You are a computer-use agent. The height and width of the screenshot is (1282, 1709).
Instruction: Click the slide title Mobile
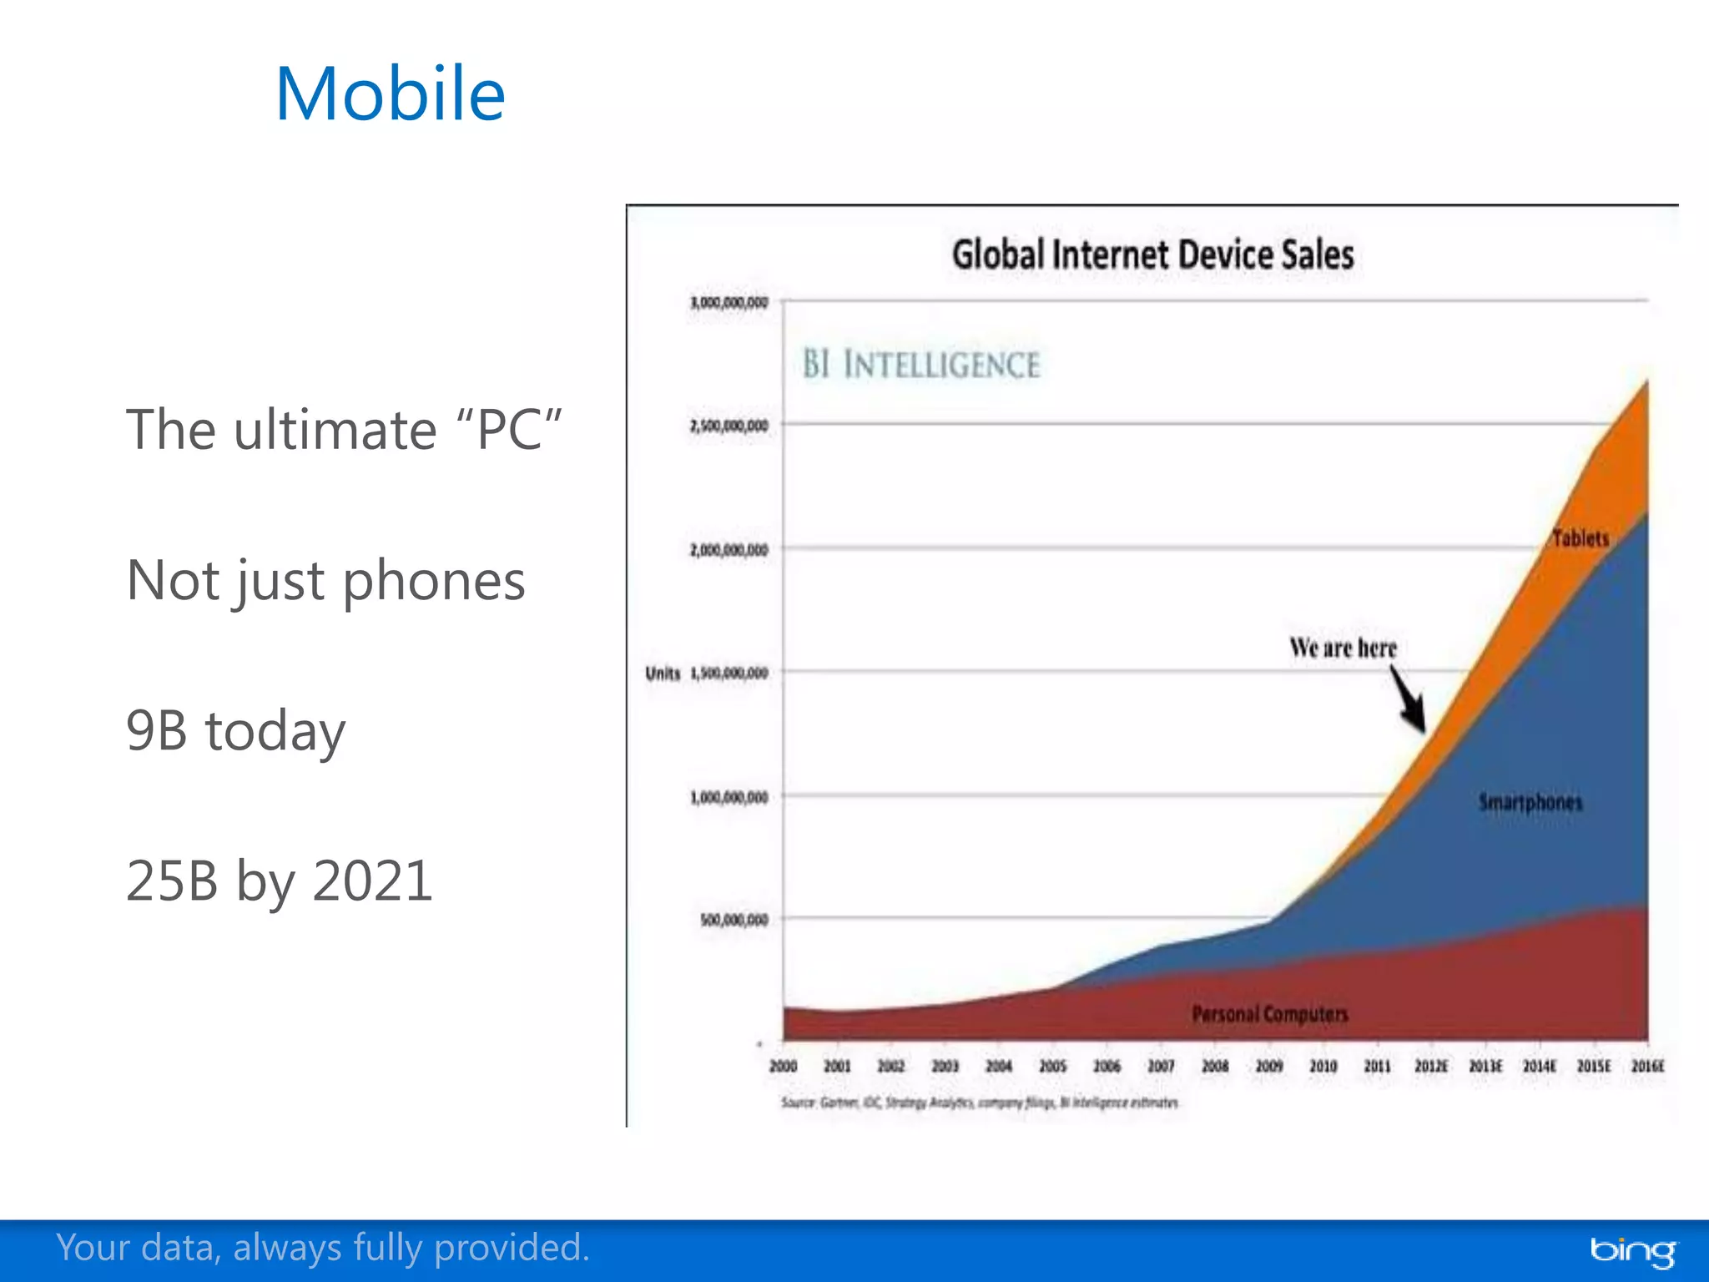390,93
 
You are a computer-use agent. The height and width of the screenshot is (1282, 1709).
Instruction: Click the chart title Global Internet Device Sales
1152,255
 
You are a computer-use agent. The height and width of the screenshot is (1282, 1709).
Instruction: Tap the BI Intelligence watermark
920,365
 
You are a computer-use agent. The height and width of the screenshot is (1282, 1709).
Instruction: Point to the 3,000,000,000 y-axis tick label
728,302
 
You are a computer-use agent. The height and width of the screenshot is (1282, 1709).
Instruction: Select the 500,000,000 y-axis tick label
734,920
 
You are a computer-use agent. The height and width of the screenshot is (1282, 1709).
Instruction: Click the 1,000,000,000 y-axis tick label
728,797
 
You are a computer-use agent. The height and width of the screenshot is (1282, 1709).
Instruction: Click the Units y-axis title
663,674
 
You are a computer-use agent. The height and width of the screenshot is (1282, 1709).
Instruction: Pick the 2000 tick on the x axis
783,1066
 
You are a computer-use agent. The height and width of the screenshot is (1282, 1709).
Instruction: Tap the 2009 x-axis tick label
1268,1066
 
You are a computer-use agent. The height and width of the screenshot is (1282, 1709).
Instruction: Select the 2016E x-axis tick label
1647,1066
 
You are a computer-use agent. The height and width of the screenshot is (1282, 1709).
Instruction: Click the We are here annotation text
1342,648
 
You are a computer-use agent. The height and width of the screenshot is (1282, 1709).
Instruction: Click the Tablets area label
1580,538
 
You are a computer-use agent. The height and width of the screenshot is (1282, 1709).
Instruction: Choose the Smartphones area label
1530,802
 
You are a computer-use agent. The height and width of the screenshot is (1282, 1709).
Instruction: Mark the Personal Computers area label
1269,1014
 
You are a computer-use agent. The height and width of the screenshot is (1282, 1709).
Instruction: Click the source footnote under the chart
980,1103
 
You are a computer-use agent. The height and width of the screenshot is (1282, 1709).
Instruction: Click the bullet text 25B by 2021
280,881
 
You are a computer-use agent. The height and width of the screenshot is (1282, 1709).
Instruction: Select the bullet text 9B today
235,730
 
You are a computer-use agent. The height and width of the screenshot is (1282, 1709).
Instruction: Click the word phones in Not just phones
434,581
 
